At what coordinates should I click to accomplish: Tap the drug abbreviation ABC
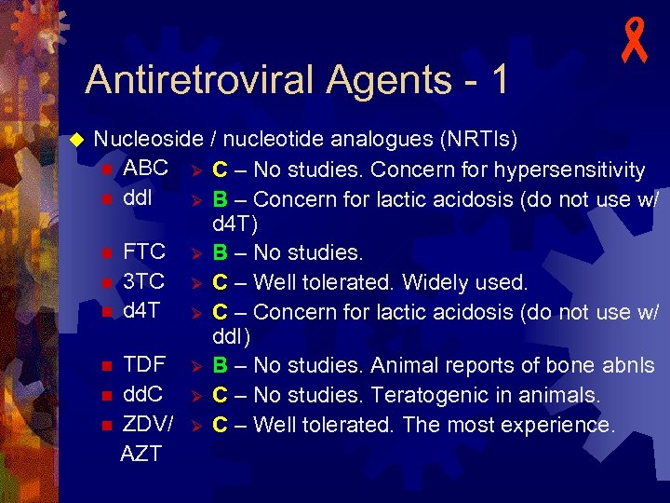146,170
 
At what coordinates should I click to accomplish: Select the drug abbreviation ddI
138,198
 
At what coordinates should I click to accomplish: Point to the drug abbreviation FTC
145,251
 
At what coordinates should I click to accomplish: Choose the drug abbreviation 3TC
144,280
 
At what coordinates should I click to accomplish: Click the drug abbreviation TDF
145,364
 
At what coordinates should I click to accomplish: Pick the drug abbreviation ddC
144,394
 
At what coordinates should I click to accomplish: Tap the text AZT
141,454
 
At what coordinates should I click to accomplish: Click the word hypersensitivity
569,170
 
